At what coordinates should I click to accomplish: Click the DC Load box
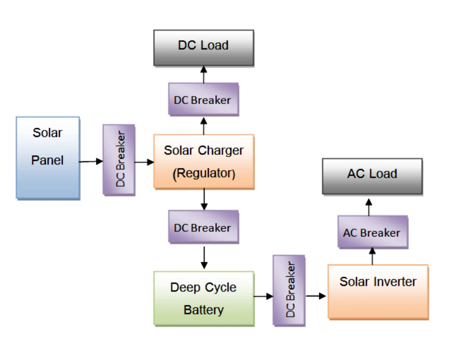(204, 48)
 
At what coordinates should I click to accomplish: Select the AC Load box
(372, 176)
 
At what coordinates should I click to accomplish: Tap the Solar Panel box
(48, 158)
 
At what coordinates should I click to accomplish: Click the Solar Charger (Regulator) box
(204, 162)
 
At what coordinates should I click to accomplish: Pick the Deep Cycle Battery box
(204, 298)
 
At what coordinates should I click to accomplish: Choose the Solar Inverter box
(378, 292)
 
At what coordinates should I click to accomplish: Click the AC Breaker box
(372, 232)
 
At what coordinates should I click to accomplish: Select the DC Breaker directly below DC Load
(203, 99)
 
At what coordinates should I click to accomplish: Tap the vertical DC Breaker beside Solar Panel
(119, 160)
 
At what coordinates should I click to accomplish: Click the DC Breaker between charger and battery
(203, 227)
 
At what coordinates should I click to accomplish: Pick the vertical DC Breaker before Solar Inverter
(289, 290)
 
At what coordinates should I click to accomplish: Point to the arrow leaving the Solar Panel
(91, 162)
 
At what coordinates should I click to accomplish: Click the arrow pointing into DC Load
(204, 74)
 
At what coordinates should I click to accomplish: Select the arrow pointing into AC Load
(369, 207)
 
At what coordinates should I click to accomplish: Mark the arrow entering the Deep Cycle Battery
(204, 257)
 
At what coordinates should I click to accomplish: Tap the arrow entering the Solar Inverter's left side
(316, 296)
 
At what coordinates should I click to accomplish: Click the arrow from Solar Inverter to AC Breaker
(372, 256)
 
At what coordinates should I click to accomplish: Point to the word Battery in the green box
(204, 310)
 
